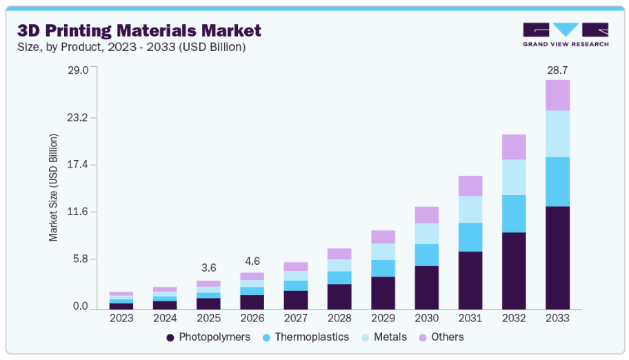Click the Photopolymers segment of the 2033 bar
click(x=557, y=257)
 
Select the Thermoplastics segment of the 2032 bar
click(x=514, y=214)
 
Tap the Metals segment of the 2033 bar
click(x=557, y=134)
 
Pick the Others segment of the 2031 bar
click(x=470, y=186)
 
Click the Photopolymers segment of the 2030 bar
click(x=427, y=287)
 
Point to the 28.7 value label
click(x=557, y=70)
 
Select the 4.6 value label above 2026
click(x=252, y=261)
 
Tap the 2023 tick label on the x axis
click(x=121, y=318)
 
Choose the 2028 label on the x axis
click(x=339, y=318)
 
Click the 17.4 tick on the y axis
click(x=78, y=165)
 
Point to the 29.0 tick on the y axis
click(x=78, y=70)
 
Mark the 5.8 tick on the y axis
click(x=81, y=259)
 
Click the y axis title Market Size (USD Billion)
click(x=53, y=188)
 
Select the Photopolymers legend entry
click(x=208, y=337)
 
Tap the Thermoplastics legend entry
click(x=303, y=337)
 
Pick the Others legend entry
click(x=441, y=337)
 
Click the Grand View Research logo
click(x=566, y=34)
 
